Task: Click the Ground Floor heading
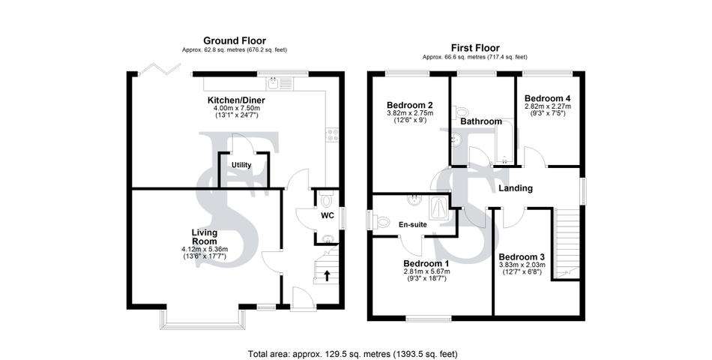click(x=235, y=41)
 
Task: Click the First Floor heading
click(x=475, y=48)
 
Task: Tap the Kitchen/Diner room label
click(x=236, y=100)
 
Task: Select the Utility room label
click(x=241, y=164)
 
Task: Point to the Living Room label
click(x=204, y=237)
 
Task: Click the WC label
click(x=328, y=215)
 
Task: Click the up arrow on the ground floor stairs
click(x=327, y=275)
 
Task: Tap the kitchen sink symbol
click(x=280, y=83)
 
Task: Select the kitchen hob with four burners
click(x=332, y=134)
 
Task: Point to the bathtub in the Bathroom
click(x=504, y=142)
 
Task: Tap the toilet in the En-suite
click(x=381, y=222)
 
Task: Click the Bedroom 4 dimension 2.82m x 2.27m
click(x=548, y=106)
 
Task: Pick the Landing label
click(x=516, y=187)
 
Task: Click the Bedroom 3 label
click(x=522, y=256)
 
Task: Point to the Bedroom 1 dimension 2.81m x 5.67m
click(x=426, y=271)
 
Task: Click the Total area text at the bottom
click(x=353, y=354)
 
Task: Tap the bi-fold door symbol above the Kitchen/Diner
click(x=157, y=69)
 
